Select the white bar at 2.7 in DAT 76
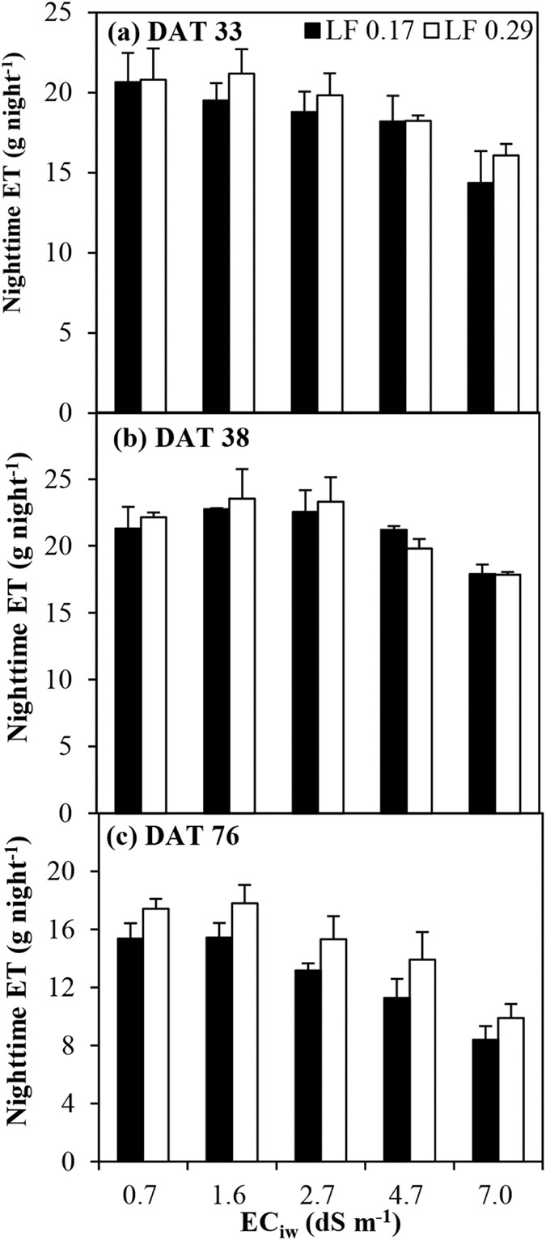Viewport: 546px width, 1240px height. (331, 1051)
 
